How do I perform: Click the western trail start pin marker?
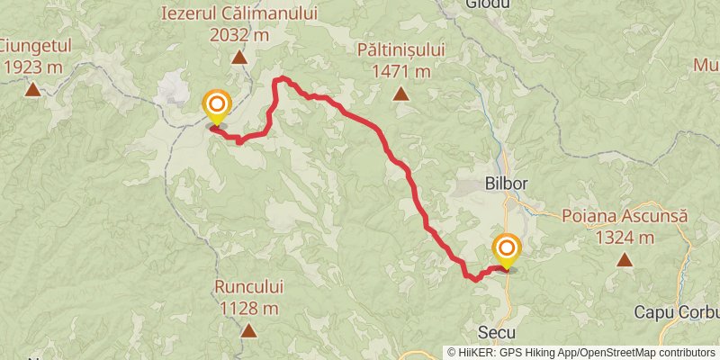[x=216, y=106]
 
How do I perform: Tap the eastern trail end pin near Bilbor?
[x=507, y=248]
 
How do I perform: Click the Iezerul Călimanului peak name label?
[x=239, y=13]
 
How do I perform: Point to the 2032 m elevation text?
[x=239, y=34]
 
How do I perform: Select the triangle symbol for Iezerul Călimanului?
[x=239, y=58]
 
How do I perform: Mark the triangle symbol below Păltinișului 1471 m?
[x=399, y=93]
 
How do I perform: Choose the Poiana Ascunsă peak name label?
[x=624, y=216]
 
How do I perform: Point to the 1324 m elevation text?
[x=624, y=238]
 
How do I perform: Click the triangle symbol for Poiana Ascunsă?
[x=624, y=261]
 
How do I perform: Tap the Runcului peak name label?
[x=248, y=287]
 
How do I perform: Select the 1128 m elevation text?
[x=248, y=309]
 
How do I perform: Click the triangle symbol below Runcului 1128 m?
[x=248, y=331]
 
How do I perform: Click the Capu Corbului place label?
[x=676, y=312]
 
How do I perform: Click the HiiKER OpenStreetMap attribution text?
[x=582, y=353]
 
